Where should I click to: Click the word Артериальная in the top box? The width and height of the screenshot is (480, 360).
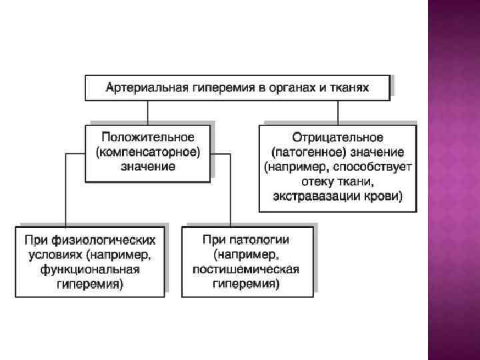[x=139, y=87]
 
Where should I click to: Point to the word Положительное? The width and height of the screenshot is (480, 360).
[x=148, y=137]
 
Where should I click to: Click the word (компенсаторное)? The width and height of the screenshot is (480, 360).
[x=148, y=152]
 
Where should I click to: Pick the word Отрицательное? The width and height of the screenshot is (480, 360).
[x=337, y=137]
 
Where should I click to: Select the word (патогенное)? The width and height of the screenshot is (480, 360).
[x=305, y=152]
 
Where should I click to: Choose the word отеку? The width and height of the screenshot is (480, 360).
[x=313, y=181]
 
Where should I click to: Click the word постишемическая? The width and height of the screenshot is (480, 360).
[x=245, y=269]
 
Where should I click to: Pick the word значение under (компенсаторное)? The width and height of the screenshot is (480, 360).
[x=148, y=167]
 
